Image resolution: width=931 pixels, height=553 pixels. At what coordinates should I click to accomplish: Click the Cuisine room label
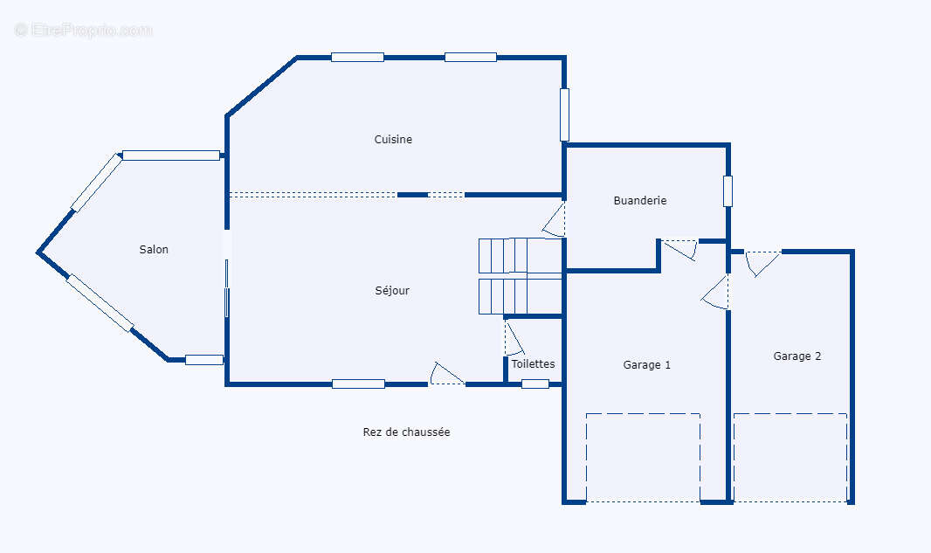(x=393, y=140)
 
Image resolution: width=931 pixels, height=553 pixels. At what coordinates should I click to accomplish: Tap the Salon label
(x=154, y=250)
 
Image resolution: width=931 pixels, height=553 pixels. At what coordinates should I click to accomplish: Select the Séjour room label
(x=392, y=291)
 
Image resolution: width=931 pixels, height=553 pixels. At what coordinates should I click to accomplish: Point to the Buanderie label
(x=639, y=201)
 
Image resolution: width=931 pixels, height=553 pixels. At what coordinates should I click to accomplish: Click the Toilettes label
(x=533, y=364)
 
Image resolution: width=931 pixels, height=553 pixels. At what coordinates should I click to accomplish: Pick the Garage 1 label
(x=646, y=365)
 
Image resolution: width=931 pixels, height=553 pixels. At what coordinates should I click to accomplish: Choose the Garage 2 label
(x=797, y=356)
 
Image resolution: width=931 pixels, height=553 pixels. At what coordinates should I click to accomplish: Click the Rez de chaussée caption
(x=406, y=432)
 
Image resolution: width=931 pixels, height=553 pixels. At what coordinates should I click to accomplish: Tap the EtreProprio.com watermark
(x=84, y=30)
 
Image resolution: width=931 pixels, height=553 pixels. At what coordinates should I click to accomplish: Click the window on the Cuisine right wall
(x=564, y=114)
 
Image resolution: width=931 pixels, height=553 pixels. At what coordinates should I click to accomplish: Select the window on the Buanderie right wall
(x=728, y=191)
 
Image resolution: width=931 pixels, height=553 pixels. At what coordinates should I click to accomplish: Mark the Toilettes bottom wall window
(x=535, y=384)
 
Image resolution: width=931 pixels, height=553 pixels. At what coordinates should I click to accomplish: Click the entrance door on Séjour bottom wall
(x=447, y=375)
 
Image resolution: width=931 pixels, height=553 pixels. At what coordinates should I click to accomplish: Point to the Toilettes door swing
(x=513, y=338)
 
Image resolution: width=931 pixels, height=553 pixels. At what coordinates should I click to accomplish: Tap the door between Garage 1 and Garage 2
(x=717, y=293)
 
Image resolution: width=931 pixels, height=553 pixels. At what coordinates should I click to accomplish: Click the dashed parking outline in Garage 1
(x=643, y=457)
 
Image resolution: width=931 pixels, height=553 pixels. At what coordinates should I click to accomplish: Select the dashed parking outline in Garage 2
(x=790, y=457)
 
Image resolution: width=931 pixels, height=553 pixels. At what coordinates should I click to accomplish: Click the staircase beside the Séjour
(x=520, y=276)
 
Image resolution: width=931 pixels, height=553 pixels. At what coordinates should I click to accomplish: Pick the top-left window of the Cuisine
(x=357, y=58)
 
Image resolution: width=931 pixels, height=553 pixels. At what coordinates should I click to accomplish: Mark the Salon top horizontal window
(x=171, y=156)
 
